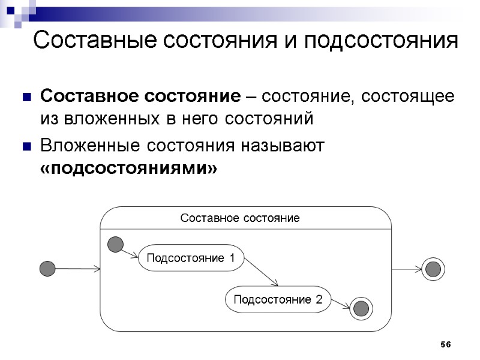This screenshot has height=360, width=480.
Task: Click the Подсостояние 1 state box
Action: pyautogui.click(x=191, y=259)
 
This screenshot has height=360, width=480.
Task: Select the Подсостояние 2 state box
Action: pyautogui.click(x=278, y=299)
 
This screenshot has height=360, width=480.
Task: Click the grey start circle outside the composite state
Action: pyautogui.click(x=47, y=268)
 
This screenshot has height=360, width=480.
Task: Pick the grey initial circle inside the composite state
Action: pyautogui.click(x=115, y=244)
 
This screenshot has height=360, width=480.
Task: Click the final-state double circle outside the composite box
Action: pyautogui.click(x=433, y=269)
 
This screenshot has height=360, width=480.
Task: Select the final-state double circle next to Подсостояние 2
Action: pyautogui.click(x=361, y=308)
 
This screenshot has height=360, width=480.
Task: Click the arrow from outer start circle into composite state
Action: pyautogui.click(x=78, y=269)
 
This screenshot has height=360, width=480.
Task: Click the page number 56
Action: pyautogui.click(x=445, y=344)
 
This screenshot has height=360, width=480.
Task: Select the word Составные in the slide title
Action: pyautogui.click(x=96, y=41)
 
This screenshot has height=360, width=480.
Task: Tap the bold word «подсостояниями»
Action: pyautogui.click(x=128, y=169)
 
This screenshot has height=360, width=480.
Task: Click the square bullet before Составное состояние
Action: pyautogui.click(x=26, y=97)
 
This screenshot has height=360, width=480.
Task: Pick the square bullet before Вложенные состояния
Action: pyautogui.click(x=26, y=146)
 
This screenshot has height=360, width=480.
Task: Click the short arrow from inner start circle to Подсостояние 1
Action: pyautogui.click(x=131, y=253)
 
